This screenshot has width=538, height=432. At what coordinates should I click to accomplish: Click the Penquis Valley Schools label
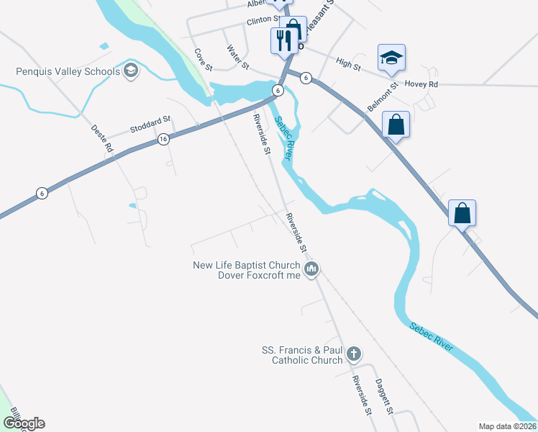pos(68,71)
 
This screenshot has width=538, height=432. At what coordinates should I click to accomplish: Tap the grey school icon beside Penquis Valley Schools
pos(130,71)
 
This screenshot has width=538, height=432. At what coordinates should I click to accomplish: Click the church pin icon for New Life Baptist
pos(311,269)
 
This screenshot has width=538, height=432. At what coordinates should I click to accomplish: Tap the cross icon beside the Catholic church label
pos(353,354)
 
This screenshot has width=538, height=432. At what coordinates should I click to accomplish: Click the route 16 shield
pos(163,139)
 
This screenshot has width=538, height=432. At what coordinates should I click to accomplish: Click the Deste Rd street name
pos(103,138)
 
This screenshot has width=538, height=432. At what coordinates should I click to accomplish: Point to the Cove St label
pos(204,60)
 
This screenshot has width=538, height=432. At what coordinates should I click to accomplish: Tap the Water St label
pos(237,58)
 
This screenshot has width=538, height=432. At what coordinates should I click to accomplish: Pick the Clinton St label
pos(263,20)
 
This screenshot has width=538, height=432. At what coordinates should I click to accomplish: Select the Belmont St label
pos(382,96)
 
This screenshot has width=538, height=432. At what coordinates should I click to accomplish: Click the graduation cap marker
pos(391,58)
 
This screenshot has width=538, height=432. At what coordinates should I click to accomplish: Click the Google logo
pos(24,423)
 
